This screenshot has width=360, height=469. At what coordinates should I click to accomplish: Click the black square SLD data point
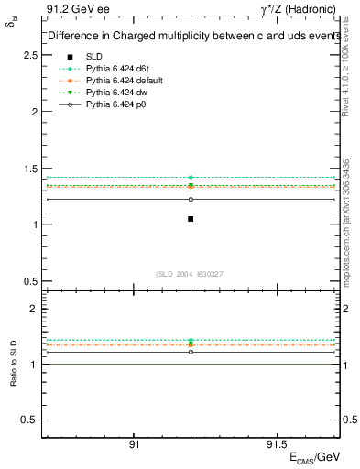click(191, 218)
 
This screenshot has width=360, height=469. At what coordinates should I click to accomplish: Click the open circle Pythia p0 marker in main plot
click(191, 199)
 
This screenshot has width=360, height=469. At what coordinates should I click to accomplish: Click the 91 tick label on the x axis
click(134, 443)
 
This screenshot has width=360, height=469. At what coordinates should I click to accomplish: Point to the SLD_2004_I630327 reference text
click(191, 274)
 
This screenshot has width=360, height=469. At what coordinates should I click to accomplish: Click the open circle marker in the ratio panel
click(191, 352)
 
